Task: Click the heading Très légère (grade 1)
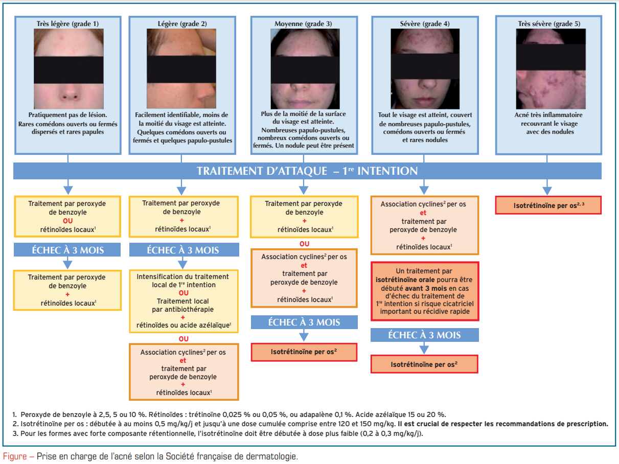tap(67, 24)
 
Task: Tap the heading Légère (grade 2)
tap(182, 24)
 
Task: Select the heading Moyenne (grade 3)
tap(304, 24)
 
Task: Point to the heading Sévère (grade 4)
tap(425, 24)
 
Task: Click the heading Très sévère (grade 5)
tap(549, 24)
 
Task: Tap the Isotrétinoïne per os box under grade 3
tap(304, 352)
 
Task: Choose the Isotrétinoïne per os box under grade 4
tap(424, 364)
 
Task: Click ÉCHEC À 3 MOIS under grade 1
tap(67, 250)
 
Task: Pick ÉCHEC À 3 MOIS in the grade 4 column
tap(424, 335)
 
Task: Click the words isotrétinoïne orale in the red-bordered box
tap(401, 279)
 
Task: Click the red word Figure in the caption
tap(16, 456)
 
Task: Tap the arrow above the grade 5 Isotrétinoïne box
tap(547, 184)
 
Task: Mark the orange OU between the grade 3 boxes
tap(304, 244)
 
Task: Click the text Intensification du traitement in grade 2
tap(183, 276)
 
